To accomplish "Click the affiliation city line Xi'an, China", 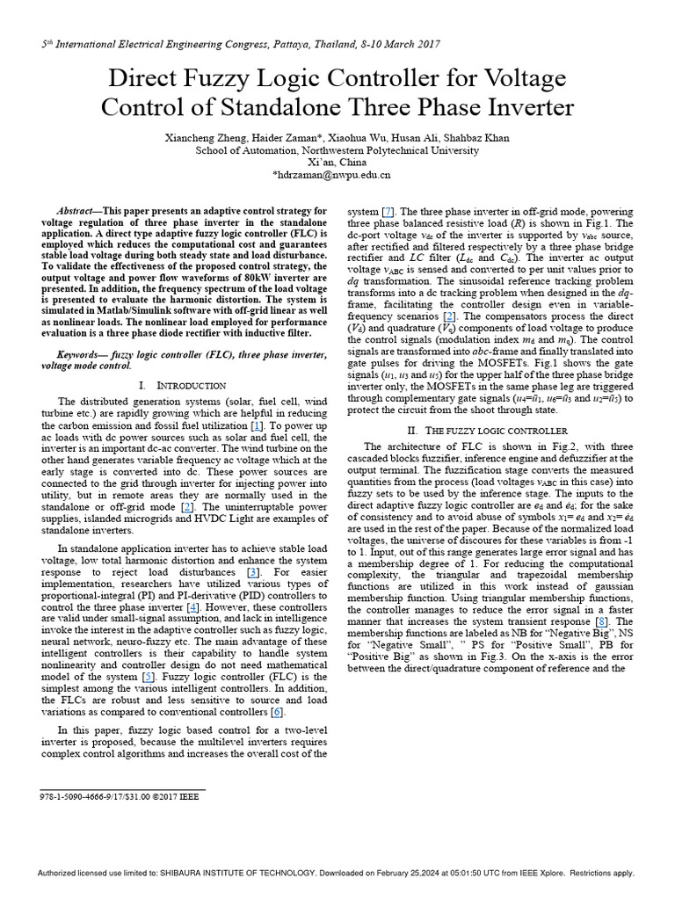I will tap(337, 163).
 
